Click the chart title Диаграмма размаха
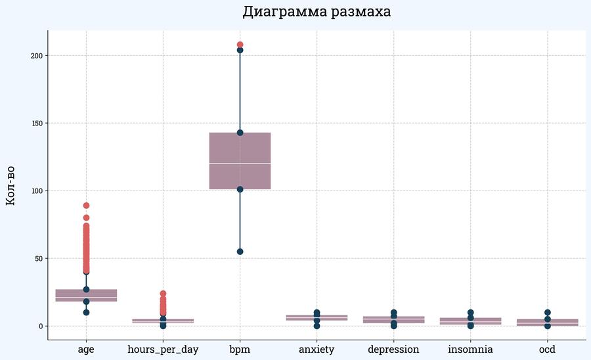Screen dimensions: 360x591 click(317, 12)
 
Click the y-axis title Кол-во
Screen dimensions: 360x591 click(11, 185)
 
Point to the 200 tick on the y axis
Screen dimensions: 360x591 click(37, 55)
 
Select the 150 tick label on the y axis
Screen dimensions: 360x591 click(37, 123)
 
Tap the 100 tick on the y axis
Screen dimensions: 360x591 click(37, 191)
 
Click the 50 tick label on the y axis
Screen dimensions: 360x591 click(39, 258)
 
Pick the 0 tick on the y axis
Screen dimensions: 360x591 click(41, 326)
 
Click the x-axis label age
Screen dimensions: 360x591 click(86, 349)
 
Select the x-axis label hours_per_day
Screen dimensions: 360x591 click(163, 349)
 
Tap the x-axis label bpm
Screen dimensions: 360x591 click(240, 349)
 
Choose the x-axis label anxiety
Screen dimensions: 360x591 click(317, 349)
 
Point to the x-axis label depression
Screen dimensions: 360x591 click(393, 349)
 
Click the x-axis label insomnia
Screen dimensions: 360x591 click(470, 349)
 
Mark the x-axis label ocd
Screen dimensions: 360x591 click(547, 349)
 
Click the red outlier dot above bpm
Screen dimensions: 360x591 click(240, 45)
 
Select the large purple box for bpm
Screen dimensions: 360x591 click(240, 148)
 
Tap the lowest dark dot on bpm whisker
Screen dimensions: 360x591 click(240, 252)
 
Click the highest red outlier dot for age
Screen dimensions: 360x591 click(86, 206)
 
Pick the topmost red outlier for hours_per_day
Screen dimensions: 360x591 click(163, 294)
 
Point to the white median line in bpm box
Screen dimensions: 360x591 click(240, 163)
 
